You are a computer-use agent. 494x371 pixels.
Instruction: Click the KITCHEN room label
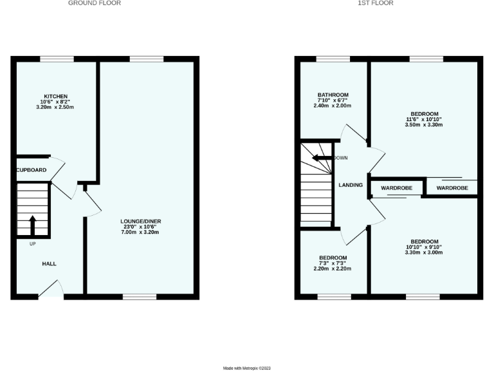[x=55, y=97]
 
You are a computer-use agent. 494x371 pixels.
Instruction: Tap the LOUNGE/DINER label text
[x=142, y=221]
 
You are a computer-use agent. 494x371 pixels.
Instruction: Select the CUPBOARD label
[x=32, y=170]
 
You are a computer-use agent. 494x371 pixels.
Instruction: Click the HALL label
[x=49, y=264]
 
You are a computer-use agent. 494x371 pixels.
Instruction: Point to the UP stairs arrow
[x=32, y=226]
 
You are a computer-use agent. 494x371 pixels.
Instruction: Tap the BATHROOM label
[x=333, y=95]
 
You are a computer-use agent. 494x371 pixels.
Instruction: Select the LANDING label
[x=351, y=185]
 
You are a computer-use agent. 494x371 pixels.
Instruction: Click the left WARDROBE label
[x=396, y=187]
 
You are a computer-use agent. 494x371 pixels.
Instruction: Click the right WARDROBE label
[x=452, y=187]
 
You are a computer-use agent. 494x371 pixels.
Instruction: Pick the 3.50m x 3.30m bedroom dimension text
[x=424, y=125]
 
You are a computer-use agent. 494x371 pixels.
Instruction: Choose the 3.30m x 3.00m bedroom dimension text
[x=424, y=252]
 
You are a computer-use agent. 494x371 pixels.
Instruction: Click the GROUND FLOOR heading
[x=95, y=3]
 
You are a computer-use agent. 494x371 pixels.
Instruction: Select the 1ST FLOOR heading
[x=376, y=3]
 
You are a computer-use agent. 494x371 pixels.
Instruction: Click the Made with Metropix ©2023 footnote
[x=247, y=368]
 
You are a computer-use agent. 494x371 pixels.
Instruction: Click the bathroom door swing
[x=351, y=132]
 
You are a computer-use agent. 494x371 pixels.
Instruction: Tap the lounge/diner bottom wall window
[x=140, y=297]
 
